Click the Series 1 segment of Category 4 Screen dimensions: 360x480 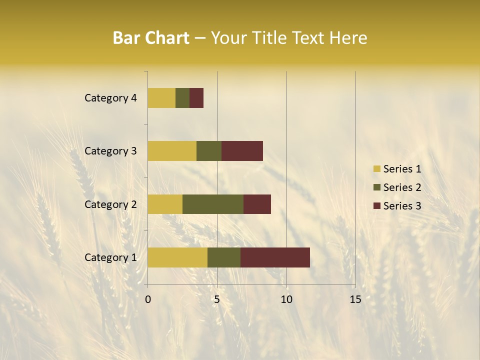(161, 98)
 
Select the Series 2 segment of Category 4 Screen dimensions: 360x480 (182, 98)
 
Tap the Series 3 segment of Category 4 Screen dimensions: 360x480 (196, 98)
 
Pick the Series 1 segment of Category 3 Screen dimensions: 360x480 (172, 151)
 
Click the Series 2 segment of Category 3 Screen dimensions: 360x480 (209, 151)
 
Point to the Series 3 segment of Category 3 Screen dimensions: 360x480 (242, 151)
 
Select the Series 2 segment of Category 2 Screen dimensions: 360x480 (213, 204)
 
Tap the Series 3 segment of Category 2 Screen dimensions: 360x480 (257, 204)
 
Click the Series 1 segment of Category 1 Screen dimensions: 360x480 (177, 257)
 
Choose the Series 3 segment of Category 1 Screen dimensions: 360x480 (275, 257)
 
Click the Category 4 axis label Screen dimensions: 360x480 (110, 98)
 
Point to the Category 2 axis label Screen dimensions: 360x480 (110, 204)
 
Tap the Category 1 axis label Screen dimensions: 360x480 (110, 257)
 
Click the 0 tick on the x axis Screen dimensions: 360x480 (148, 299)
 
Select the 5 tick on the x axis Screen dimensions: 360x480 (217, 299)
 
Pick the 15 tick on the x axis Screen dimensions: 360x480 (355, 299)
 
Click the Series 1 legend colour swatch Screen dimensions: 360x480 (376, 169)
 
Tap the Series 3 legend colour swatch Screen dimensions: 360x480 (376, 206)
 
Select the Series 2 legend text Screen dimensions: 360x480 (402, 187)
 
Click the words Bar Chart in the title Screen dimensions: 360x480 (151, 38)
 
